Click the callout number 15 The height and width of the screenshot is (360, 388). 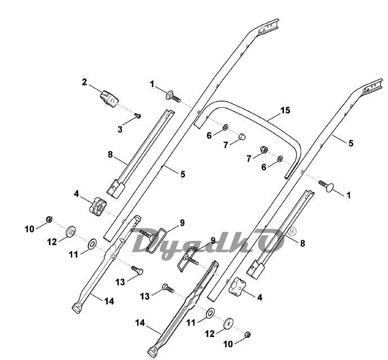point(285,110)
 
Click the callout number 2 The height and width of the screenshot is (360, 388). point(84,83)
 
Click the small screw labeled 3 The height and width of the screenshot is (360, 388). point(137,116)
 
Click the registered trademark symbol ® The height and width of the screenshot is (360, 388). point(291,231)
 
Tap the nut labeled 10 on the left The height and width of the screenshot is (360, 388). point(49,219)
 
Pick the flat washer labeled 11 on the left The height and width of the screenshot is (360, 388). point(92,244)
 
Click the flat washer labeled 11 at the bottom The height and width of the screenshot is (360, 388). point(209,312)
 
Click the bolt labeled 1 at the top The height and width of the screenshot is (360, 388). point(171,95)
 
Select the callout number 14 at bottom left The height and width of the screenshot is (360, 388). point(109,301)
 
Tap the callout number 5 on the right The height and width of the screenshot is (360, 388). point(351,143)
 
